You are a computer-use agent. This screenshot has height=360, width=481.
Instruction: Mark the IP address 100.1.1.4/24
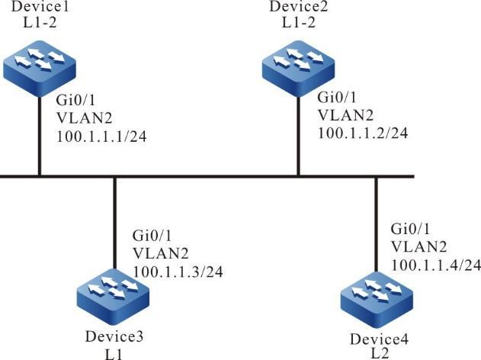point(436,265)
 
